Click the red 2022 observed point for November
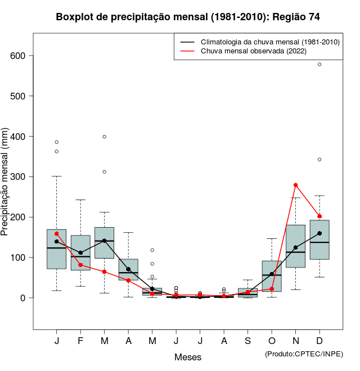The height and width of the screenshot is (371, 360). pos(295,185)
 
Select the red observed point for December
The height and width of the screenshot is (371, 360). pos(319,216)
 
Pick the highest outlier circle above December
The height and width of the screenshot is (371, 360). pos(319,64)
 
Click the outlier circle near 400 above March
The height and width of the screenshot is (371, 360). pos(105,137)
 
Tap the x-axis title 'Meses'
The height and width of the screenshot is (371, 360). pos(188,357)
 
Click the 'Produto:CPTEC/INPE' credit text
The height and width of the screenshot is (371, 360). pos(304,354)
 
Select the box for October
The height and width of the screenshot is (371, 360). pos(272,276)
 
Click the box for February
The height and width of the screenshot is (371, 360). pos(80,253)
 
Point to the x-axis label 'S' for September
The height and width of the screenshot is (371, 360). pos(247,341)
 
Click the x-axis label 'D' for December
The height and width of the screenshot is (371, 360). pos(319,341)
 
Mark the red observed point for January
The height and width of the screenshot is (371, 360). pos(57,233)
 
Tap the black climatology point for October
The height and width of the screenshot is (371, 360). pos(272,274)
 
